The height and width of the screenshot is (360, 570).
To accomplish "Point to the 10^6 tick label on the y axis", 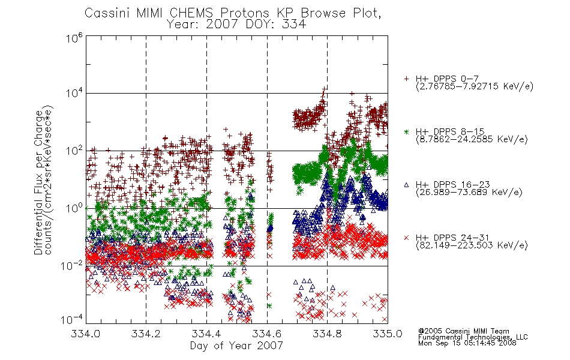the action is click(x=74, y=37).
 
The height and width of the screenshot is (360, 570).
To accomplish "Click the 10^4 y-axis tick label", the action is click(x=74, y=93).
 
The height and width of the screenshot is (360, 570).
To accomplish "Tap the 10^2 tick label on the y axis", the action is click(x=74, y=150).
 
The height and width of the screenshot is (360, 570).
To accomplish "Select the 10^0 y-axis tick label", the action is click(x=74, y=208).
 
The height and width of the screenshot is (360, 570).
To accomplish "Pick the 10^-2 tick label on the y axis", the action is click(x=72, y=266).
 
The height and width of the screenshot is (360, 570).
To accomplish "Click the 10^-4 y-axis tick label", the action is click(x=72, y=319).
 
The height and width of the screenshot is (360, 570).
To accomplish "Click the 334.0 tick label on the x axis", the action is click(x=86, y=334).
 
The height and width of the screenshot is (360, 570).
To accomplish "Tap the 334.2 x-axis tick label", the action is click(x=146, y=334).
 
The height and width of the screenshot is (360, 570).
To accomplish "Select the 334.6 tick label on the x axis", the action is click(x=267, y=334).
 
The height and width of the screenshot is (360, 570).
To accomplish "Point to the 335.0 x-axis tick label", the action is click(x=388, y=334).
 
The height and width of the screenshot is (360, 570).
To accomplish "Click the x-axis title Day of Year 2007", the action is click(x=236, y=346).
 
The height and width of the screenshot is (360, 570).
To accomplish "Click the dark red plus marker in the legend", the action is click(x=406, y=79).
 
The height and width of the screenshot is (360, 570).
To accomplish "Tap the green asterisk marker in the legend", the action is click(x=406, y=131).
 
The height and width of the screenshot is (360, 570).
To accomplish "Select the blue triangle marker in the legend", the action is click(x=406, y=185).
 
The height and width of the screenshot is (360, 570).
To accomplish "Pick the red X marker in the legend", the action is click(x=406, y=238).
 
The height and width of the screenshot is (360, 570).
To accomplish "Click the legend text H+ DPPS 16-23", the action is click(x=452, y=184).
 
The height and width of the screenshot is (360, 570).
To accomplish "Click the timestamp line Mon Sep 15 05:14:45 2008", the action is click(x=467, y=343).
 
